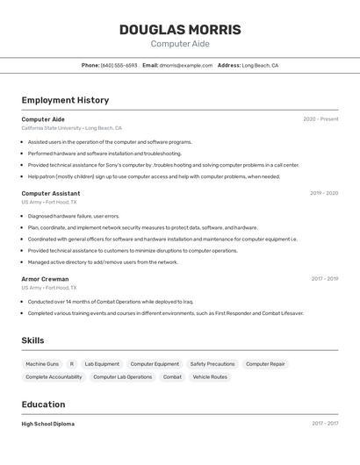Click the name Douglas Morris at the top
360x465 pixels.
(180, 30)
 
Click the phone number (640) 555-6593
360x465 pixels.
(119, 65)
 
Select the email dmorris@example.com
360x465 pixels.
(186, 65)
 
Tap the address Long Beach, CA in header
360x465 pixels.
(260, 65)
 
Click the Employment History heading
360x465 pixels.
(65, 100)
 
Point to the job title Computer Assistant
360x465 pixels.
(51, 193)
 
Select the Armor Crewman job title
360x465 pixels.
(45, 279)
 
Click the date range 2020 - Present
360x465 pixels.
(320, 119)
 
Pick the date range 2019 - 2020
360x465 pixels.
(324, 193)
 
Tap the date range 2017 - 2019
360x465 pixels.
(325, 279)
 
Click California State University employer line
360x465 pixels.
(72, 128)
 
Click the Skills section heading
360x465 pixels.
(33, 340)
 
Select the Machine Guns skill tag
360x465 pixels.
(42, 364)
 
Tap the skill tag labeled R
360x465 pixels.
(72, 364)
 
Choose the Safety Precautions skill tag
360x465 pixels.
(212, 364)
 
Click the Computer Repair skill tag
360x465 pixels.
(265, 364)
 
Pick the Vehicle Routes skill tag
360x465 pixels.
(210, 377)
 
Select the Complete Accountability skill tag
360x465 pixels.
(54, 377)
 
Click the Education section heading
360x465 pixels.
(44, 404)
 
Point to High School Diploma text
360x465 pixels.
(48, 424)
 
